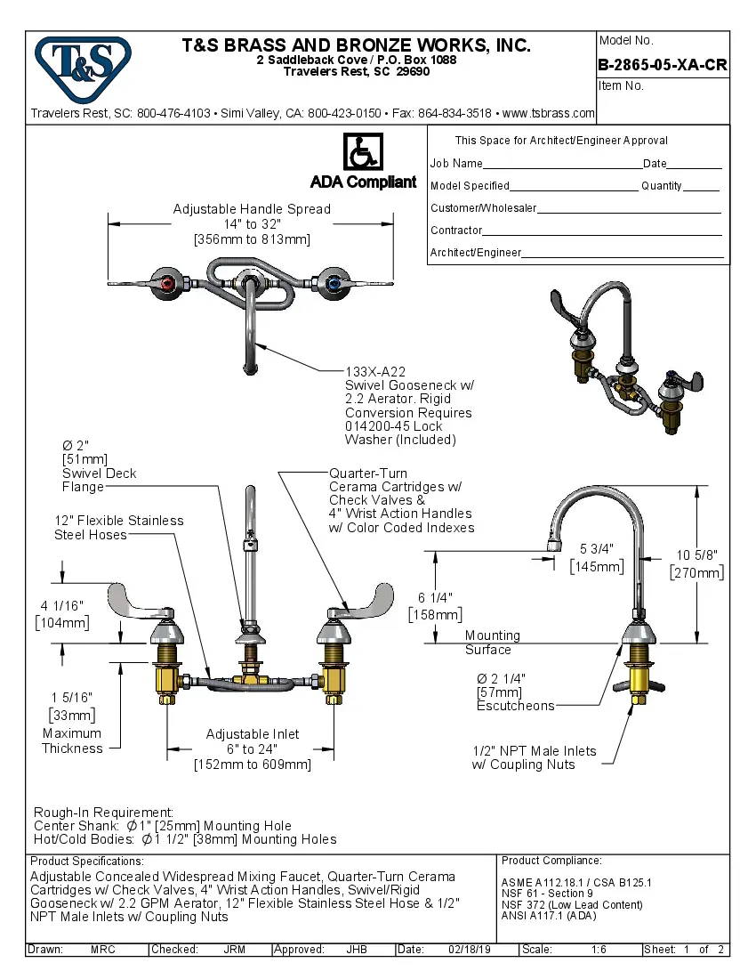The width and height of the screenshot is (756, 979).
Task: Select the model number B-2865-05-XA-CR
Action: pyautogui.click(x=663, y=65)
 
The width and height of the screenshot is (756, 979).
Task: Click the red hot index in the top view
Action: pyautogui.click(x=165, y=284)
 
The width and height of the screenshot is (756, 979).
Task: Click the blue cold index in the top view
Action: pyautogui.click(x=334, y=284)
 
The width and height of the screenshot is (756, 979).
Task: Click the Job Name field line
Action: pyautogui.click(x=562, y=165)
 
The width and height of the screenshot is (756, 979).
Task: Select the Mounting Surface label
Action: pyautogui.click(x=491, y=642)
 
